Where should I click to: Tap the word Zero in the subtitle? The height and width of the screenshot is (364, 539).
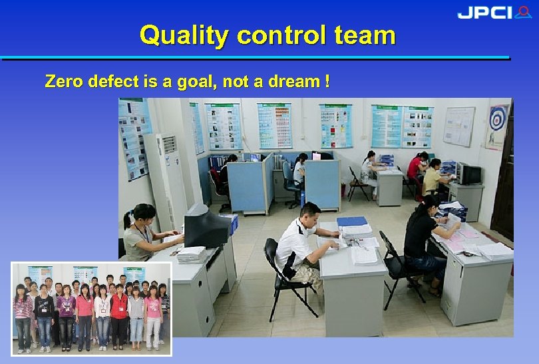[61, 82]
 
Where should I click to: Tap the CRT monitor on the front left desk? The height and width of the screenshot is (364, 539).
[206, 226]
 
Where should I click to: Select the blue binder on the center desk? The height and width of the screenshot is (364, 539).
[351, 222]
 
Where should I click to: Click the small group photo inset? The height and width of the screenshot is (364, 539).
[91, 308]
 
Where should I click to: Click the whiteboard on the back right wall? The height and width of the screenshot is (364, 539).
[458, 126]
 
